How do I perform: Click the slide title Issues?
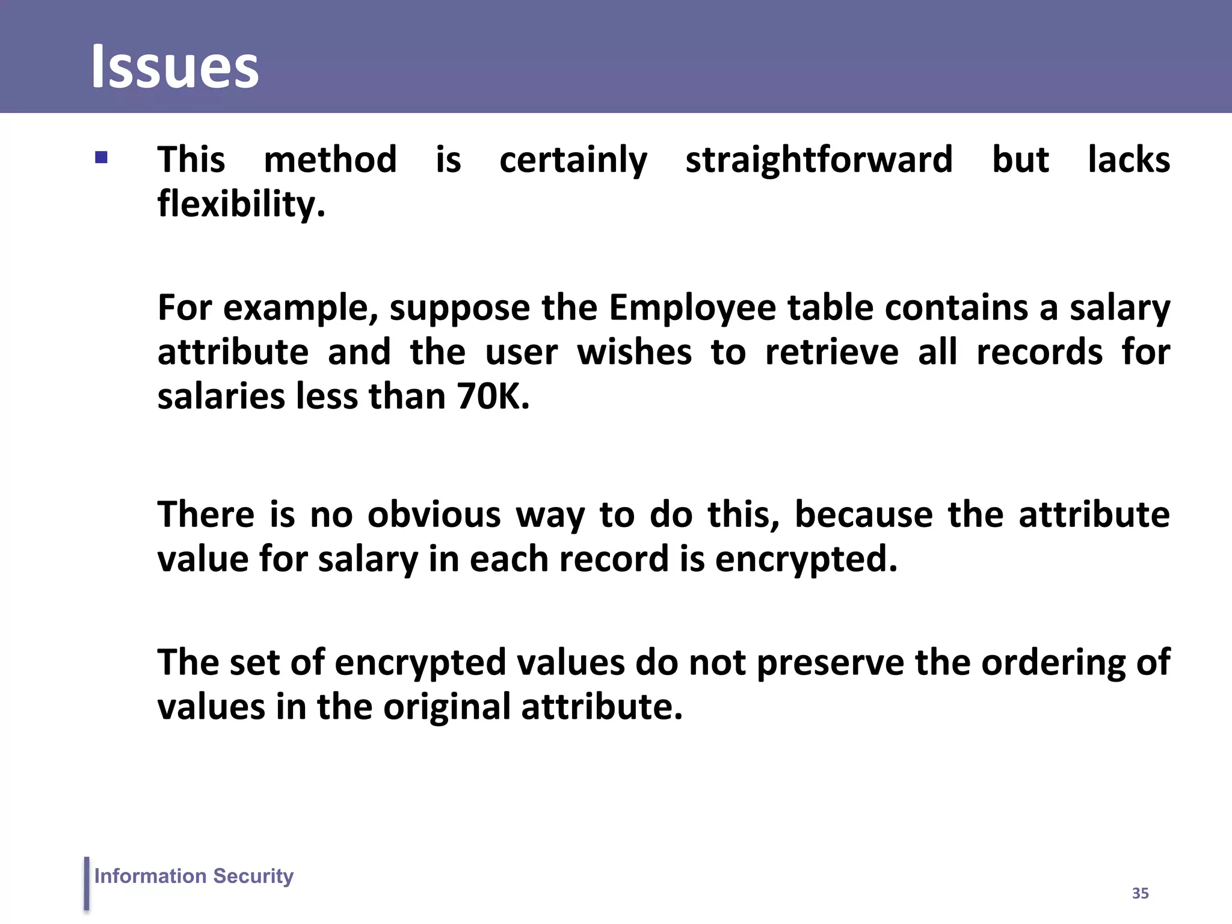[x=174, y=67]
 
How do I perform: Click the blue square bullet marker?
[x=101, y=158]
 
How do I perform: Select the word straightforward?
[x=819, y=160]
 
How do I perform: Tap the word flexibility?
[x=241, y=205]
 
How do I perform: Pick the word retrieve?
[x=832, y=353]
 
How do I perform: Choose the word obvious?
[x=434, y=515]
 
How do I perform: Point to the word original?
[x=446, y=707]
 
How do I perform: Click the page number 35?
[x=1140, y=893]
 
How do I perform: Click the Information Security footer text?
[x=194, y=876]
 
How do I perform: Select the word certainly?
[x=573, y=160]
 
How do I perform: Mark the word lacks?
[x=1129, y=160]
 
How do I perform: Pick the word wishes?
[x=635, y=353]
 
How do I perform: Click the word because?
[x=863, y=515]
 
